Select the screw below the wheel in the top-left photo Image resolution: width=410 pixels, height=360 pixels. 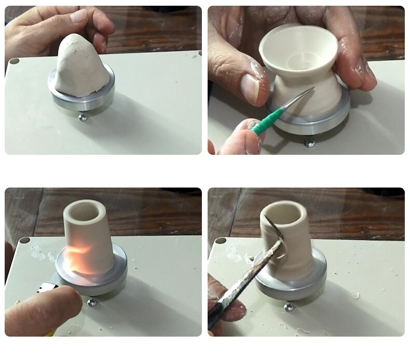pos(83,117)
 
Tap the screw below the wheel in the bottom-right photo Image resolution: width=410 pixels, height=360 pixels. pos(289,307)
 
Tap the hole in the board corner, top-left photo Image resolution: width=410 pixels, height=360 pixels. pos(14,61)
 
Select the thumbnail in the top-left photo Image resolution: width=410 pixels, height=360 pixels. pos(78,16)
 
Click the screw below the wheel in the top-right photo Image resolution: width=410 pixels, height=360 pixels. pos(309,142)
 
